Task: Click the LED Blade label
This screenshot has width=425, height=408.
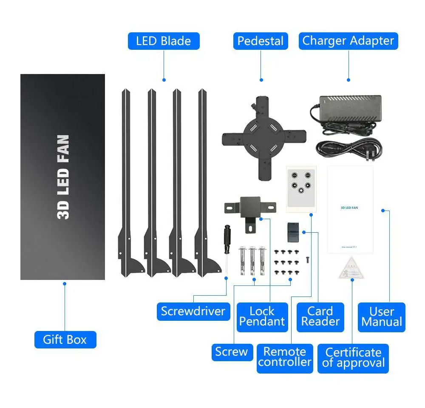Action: click(x=164, y=41)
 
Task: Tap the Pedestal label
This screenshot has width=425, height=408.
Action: click(x=261, y=41)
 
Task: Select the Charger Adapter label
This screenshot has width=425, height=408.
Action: click(x=348, y=41)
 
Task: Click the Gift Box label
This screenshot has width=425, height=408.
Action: click(x=65, y=340)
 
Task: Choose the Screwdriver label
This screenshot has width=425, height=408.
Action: click(x=193, y=311)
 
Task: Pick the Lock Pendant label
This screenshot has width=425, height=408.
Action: click(x=262, y=316)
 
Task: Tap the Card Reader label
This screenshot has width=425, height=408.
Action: click(x=320, y=316)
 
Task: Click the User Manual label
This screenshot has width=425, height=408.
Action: click(x=382, y=317)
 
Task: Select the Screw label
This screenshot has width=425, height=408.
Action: click(x=231, y=352)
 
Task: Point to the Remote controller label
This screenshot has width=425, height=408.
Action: click(x=285, y=357)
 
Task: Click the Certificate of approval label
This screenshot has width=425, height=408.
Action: click(x=353, y=357)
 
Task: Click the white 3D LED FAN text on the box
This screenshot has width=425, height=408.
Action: click(x=63, y=177)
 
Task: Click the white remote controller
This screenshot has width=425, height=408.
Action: click(x=300, y=188)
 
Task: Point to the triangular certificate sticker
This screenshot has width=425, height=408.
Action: click(x=351, y=268)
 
